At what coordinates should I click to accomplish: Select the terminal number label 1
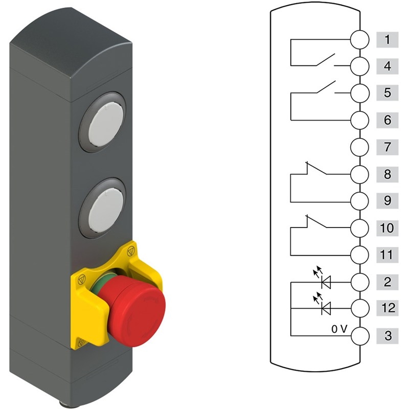click(387, 40)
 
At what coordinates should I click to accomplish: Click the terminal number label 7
click(387, 147)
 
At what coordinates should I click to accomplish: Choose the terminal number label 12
click(387, 308)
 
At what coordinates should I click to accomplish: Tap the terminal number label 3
click(387, 336)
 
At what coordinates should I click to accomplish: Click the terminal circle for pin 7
click(360, 147)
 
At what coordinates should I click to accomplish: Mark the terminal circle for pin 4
click(360, 66)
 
